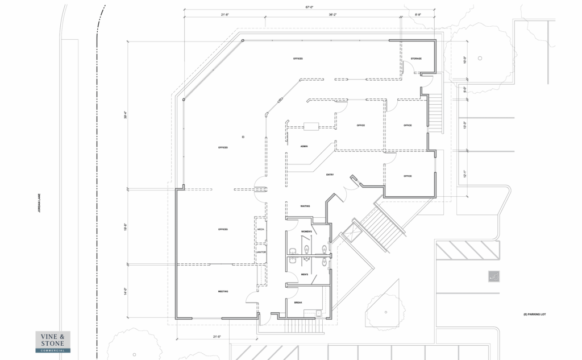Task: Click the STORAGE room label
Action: pyautogui.click(x=416, y=59)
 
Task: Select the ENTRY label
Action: pyautogui.click(x=329, y=175)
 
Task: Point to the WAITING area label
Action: pyautogui.click(x=305, y=206)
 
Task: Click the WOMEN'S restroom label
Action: pyautogui.click(x=307, y=232)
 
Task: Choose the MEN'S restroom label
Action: pyautogui.click(x=305, y=275)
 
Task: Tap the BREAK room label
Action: pyautogui.click(x=298, y=303)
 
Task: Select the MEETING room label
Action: pyautogui.click(x=223, y=291)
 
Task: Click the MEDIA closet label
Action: pyautogui.click(x=261, y=229)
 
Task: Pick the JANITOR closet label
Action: pyautogui.click(x=261, y=252)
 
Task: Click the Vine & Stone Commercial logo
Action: pyautogui.click(x=53, y=342)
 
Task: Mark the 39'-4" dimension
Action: pyautogui.click(x=126, y=114)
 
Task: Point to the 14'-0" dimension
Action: pyautogui.click(x=126, y=290)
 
